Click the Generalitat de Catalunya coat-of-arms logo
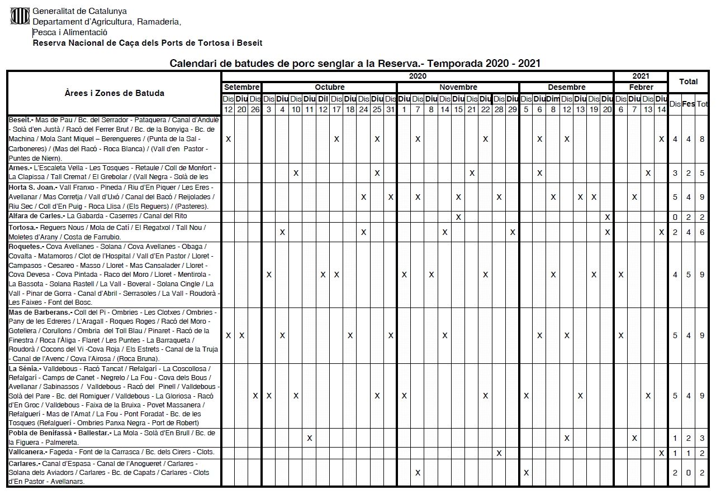20,16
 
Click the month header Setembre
241,87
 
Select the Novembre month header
458,87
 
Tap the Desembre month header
566,87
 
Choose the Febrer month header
641,87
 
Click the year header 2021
641,76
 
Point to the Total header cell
688,81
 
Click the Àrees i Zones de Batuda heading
114,93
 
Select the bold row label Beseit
20,119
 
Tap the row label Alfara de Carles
36,216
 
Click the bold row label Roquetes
26,247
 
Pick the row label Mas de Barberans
40,313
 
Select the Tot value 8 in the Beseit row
702,139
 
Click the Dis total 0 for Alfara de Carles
675,217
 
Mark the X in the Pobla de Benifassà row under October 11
310,438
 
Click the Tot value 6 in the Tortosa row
702,232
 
